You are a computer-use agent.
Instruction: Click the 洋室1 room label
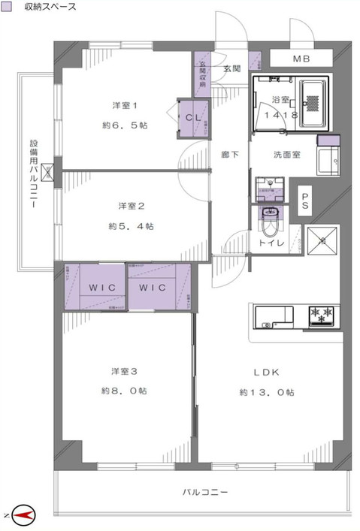point(123,104)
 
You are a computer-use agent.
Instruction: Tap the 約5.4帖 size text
point(131,225)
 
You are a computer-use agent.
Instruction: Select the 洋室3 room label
point(123,370)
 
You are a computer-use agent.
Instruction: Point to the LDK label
point(267,371)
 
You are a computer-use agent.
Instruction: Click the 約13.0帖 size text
point(267,392)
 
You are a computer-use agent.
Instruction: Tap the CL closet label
point(191,117)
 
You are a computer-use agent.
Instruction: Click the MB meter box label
point(301,59)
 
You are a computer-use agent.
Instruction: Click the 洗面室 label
point(286,155)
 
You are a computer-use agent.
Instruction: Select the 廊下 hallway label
point(230,155)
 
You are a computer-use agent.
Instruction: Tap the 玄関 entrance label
point(231,69)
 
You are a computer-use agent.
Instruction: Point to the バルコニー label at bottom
point(204,492)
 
